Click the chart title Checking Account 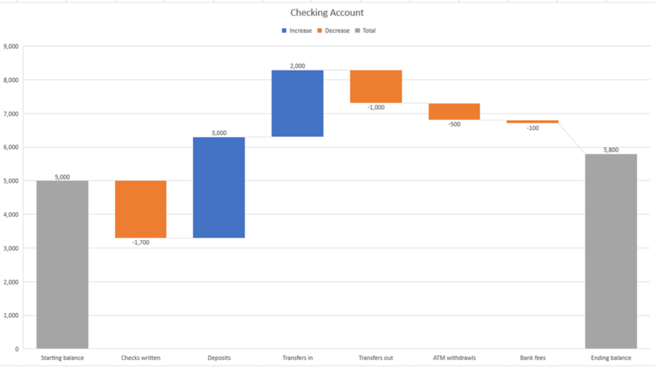pos(327,13)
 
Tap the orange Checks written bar pos(141,209)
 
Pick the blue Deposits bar pos(219,187)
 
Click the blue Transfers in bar pos(297,103)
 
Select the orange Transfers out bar pos(375,86)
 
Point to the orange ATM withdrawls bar pos(454,111)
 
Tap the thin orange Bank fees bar pos(532,121)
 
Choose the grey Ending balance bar pos(611,251)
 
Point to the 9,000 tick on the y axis pos(11,46)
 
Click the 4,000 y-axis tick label pos(11,214)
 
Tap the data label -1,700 pos(141,242)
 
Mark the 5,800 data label pos(611,150)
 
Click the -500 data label pos(454,124)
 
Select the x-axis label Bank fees pos(532,358)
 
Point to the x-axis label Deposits pos(219,358)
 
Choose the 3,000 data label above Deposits pos(219,133)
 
